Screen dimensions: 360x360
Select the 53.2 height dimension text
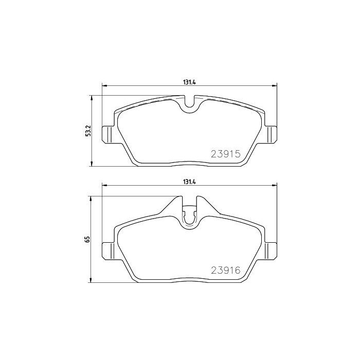click(x=88, y=131)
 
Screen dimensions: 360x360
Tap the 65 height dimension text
click(x=88, y=239)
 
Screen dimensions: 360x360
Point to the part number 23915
click(x=226, y=153)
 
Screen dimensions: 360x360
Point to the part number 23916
click(x=226, y=269)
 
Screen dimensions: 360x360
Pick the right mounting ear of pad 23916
click(x=271, y=250)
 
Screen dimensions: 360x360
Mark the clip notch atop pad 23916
click(x=190, y=214)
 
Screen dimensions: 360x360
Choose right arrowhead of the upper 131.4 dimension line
click(x=275, y=85)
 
